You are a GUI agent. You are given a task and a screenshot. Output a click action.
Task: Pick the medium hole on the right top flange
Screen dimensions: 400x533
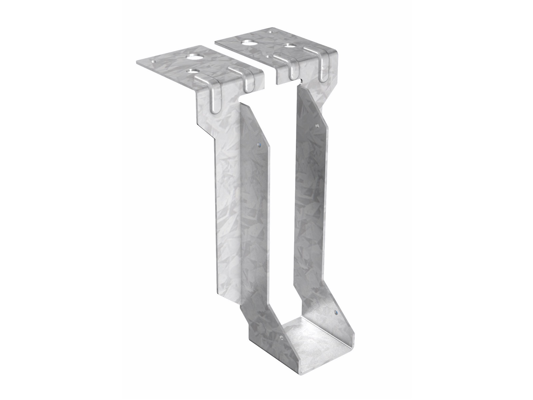coord(291,46)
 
